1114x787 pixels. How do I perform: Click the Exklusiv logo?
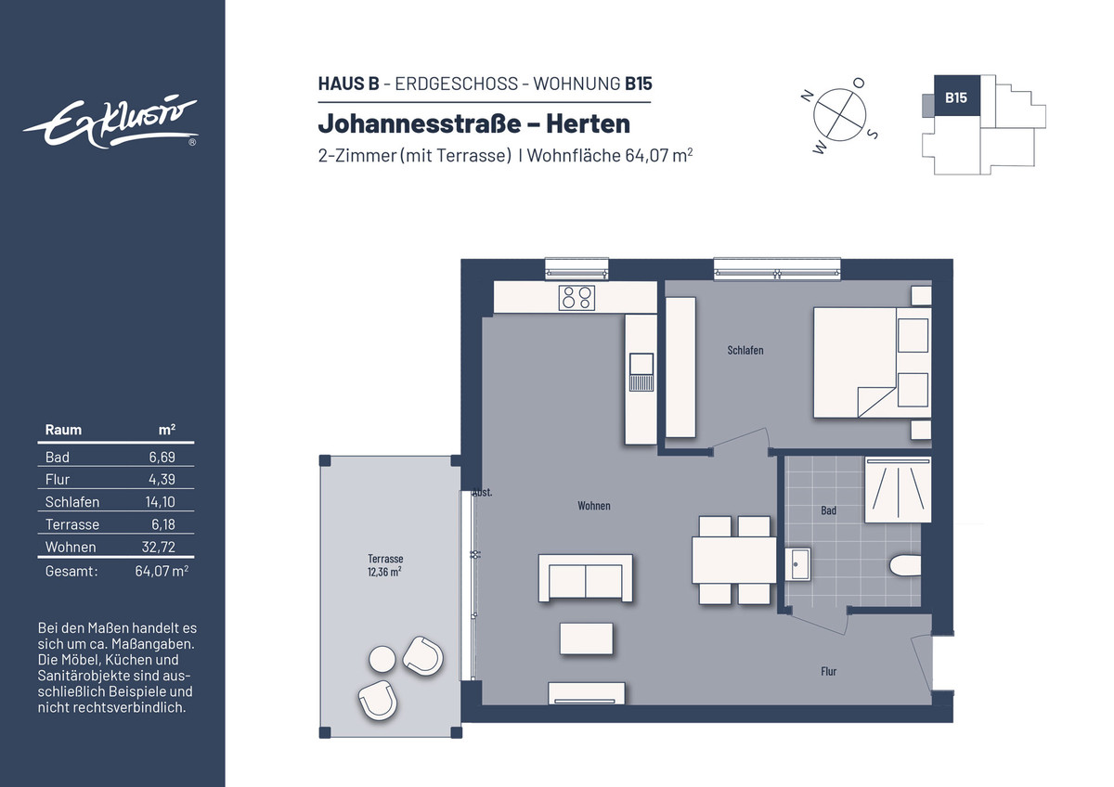[x=110, y=123]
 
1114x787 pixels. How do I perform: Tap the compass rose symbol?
[x=839, y=115]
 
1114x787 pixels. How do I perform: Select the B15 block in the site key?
[x=956, y=96]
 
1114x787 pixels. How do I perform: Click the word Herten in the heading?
[x=588, y=123]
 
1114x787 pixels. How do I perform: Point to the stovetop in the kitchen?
[x=576, y=298]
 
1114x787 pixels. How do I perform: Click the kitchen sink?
[x=641, y=372]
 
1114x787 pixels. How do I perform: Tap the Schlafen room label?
[x=745, y=351]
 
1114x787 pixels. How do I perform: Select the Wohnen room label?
[x=594, y=506]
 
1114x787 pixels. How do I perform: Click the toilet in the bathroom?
[x=904, y=566]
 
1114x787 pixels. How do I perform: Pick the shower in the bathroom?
[x=898, y=490]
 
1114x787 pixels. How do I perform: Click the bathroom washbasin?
[x=797, y=564]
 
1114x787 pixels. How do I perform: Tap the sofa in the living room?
[x=586, y=578]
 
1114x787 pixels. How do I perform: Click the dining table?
[x=734, y=560]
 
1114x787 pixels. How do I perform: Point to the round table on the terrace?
[x=382, y=659]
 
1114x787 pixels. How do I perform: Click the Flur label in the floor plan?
[x=828, y=671]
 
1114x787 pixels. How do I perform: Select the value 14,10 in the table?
[x=160, y=502]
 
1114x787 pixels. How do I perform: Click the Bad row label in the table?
[x=58, y=458]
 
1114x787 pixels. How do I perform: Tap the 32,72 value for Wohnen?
[x=159, y=547]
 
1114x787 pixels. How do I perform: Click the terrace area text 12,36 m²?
[x=384, y=572]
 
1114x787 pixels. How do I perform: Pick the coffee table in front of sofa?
[x=587, y=639]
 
